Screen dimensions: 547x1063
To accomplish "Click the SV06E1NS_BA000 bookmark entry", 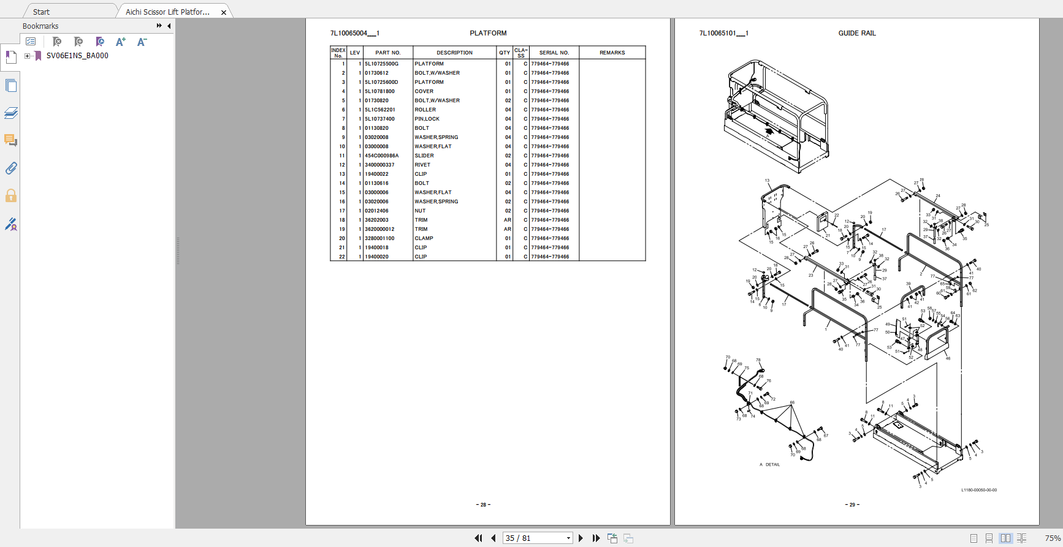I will pos(77,56).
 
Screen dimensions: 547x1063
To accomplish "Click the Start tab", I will pos(42,12).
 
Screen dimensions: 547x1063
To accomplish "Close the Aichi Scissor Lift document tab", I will pos(224,12).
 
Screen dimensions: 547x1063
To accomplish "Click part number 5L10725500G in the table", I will pos(381,64).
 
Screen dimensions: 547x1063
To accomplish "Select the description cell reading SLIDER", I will pos(424,156).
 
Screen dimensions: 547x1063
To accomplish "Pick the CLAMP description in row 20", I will pos(424,238).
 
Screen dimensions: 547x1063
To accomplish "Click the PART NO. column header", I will pos(387,53).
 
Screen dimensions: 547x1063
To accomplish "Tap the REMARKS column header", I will pos(612,53).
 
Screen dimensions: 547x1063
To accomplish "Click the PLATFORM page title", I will pos(488,33).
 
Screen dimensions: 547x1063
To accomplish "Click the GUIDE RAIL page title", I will pos(856,33).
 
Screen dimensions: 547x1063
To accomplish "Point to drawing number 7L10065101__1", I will pos(723,33).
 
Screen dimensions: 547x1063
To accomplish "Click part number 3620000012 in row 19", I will pos(379,229).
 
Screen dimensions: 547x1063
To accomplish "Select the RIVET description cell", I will pos(422,165).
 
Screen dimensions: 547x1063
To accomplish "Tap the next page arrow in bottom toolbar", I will pos(581,538).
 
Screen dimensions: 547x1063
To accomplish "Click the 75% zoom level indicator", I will pos(1052,538).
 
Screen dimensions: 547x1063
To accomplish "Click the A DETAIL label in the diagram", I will pos(770,464).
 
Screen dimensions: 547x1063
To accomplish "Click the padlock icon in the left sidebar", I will pos(11,196).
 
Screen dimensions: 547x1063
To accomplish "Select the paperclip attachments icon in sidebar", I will pos(11,168).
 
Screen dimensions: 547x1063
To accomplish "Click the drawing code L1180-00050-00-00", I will pos(978,490).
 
